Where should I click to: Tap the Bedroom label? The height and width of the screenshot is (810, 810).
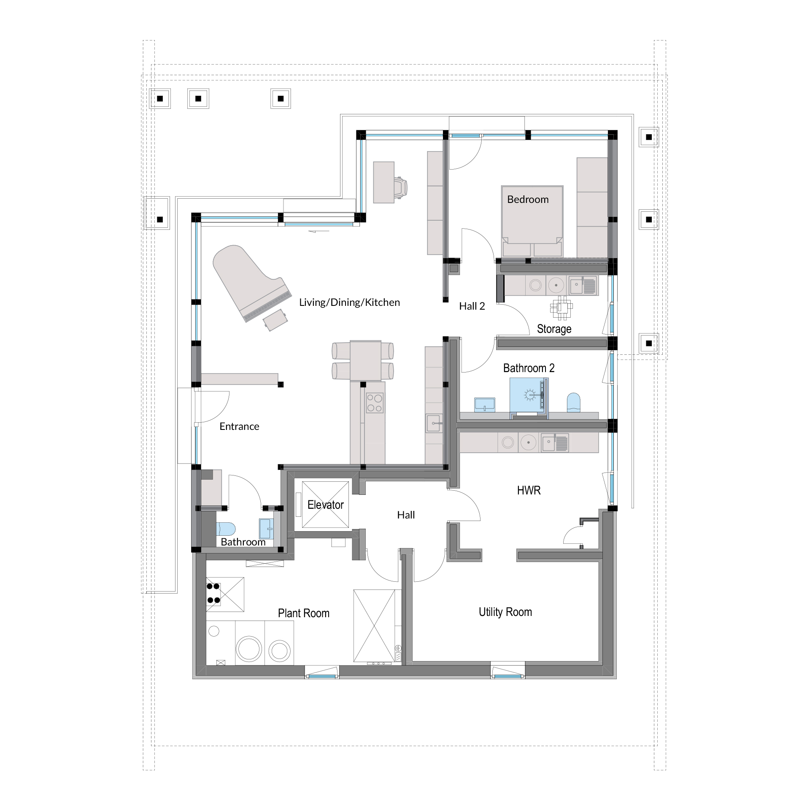[x=528, y=200]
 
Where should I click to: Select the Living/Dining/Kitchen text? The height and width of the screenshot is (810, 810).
[x=349, y=302]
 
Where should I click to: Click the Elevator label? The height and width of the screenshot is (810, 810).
[x=326, y=505]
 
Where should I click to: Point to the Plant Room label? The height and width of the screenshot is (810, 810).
[x=304, y=613]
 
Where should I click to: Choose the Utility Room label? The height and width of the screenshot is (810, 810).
[x=505, y=612]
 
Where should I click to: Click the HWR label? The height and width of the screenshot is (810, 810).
[x=529, y=490]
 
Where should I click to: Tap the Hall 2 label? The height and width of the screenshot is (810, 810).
[x=472, y=306]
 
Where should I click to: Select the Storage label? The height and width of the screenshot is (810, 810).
[x=554, y=329]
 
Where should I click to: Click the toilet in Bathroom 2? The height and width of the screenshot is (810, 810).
[x=573, y=402]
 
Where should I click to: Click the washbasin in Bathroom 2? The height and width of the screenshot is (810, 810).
[x=485, y=404]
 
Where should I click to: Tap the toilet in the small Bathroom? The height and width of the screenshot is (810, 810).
[x=226, y=529]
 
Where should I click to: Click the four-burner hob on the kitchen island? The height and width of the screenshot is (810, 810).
[x=375, y=402]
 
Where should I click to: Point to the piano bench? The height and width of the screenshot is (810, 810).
[x=275, y=320]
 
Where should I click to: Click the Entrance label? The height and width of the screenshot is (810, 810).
[x=239, y=427]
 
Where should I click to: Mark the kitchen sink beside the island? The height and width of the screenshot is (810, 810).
[x=434, y=423]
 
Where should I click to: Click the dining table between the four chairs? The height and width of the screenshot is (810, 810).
[x=366, y=361]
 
